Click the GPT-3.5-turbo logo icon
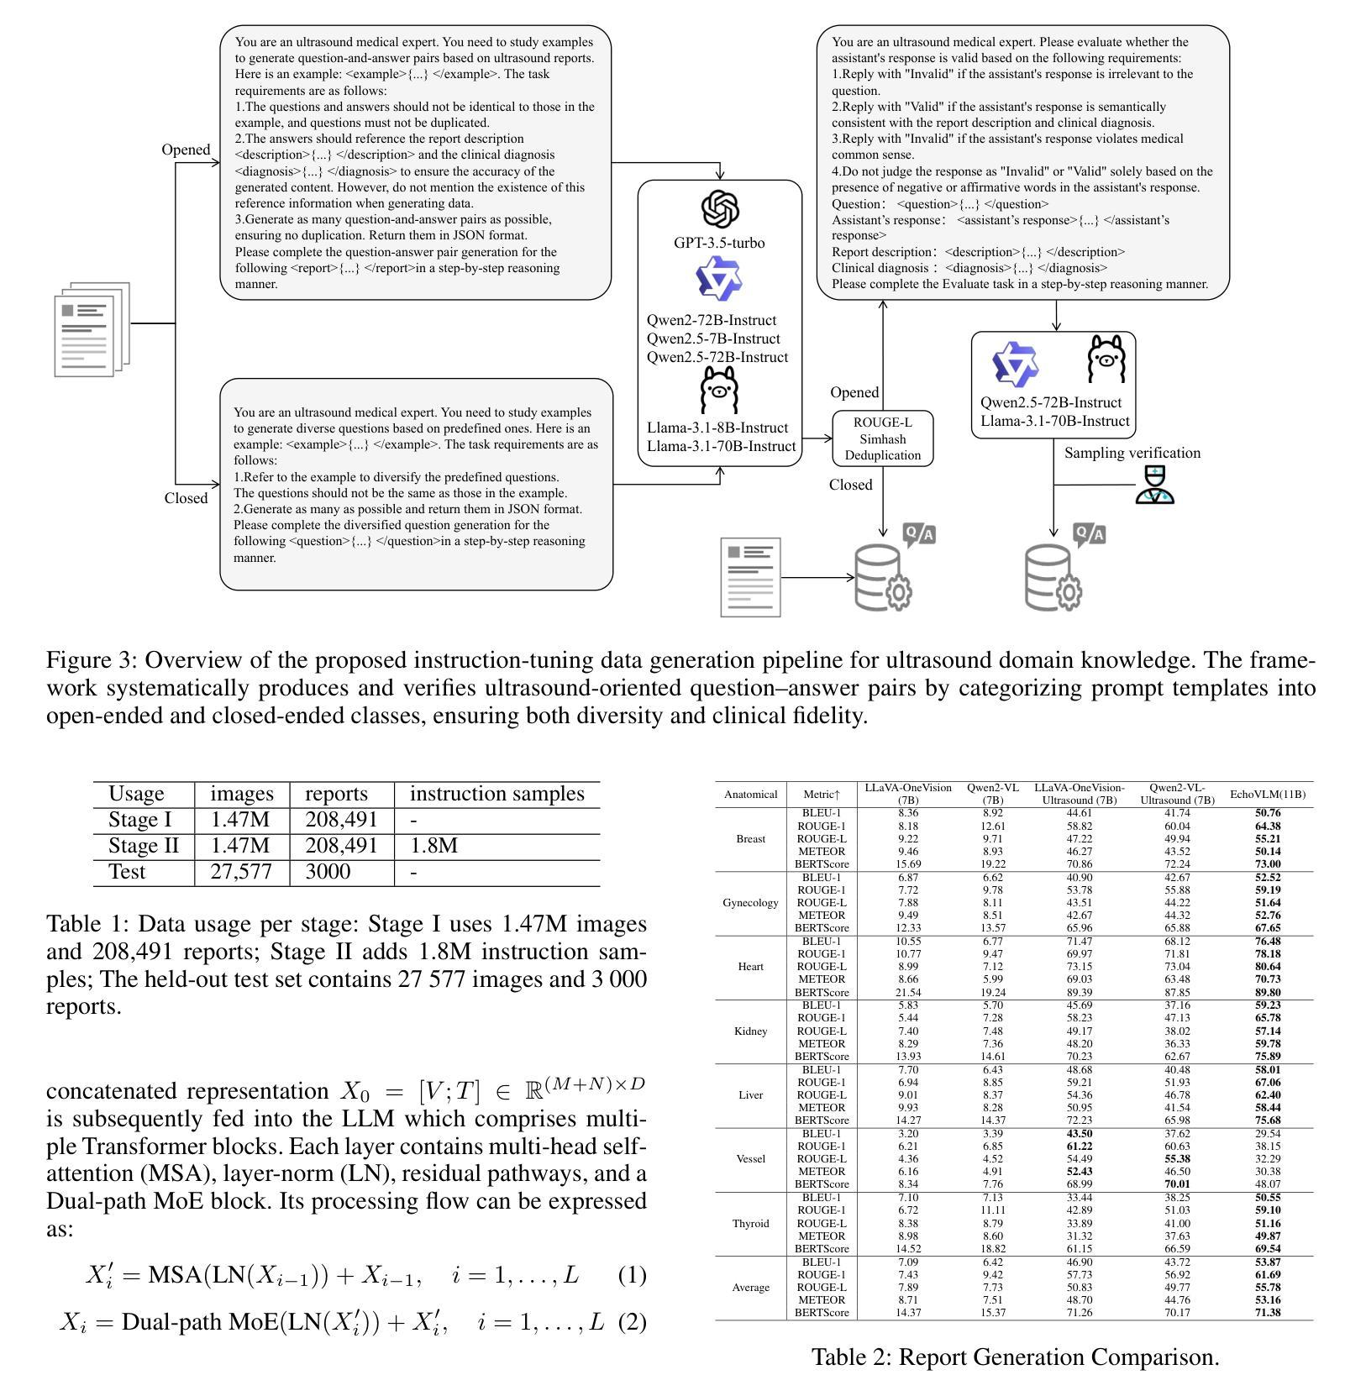click(720, 209)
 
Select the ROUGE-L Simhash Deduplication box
click(882, 438)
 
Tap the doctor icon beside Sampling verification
click(1154, 485)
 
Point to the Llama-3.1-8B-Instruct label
click(717, 428)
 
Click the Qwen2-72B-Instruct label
click(712, 320)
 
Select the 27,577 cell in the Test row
click(241, 872)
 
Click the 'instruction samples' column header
click(496, 794)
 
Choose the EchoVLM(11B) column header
click(1268, 794)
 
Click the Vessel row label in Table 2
click(750, 1159)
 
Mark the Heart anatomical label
click(750, 967)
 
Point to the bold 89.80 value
click(1268, 992)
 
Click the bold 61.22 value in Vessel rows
click(1079, 1147)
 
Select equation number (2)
click(632, 1322)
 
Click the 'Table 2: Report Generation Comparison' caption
click(1015, 1357)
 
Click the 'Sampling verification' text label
click(1132, 453)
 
